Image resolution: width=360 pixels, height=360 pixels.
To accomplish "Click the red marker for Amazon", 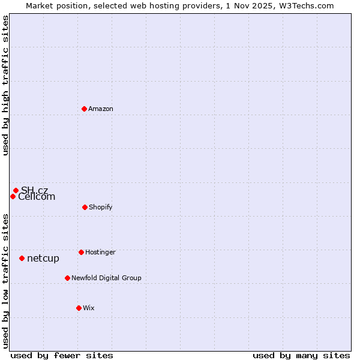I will tap(85, 109).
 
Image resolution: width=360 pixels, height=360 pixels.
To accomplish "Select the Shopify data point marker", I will tap(85, 207).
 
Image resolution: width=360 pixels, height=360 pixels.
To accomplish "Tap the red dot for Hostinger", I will tap(81, 252).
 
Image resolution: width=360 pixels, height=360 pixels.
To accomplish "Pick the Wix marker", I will tap(79, 308).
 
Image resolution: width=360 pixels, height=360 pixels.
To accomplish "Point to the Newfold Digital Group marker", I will tap(67, 278).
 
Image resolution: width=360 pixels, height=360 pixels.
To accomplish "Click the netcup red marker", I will tap(22, 258).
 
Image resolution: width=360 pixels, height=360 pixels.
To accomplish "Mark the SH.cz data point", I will tap(16, 190).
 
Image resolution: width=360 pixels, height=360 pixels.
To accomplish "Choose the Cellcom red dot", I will tap(13, 196).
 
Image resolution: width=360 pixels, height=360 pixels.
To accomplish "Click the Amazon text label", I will tap(101, 109).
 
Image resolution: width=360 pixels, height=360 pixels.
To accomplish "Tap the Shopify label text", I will tap(101, 207).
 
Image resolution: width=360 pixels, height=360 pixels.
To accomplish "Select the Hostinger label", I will tap(100, 252).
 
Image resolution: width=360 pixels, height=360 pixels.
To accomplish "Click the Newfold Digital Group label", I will tap(106, 278).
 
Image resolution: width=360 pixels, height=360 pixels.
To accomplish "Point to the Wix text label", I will tap(89, 308).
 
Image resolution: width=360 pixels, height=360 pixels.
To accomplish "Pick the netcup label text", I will tap(43, 258).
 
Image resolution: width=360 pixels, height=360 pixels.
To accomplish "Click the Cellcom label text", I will tap(37, 197).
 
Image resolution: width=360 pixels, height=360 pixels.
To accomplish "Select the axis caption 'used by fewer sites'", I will tap(62, 355).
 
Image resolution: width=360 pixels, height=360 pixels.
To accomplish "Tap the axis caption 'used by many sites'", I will tap(301, 355).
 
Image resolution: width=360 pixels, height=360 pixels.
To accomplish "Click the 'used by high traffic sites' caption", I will tap(6, 85).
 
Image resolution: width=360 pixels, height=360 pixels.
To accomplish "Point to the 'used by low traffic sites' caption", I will tap(6, 281).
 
